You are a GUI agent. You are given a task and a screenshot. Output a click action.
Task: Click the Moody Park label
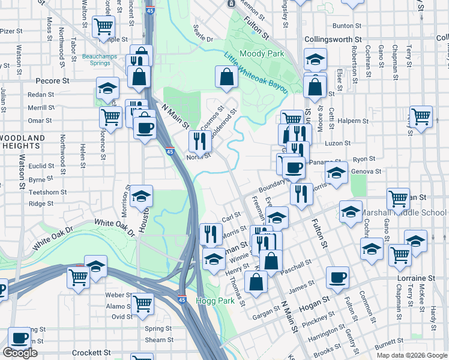[262, 54]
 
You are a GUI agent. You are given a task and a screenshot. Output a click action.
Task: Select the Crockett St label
[91, 353]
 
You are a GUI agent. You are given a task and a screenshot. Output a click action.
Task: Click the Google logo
[20, 353]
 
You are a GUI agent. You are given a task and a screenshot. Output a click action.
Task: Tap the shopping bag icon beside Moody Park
[226, 77]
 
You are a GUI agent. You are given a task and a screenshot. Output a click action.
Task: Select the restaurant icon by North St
[200, 142]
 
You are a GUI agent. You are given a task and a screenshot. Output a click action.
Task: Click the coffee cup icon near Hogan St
[337, 277]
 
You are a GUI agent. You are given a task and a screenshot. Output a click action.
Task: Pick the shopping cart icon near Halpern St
[421, 116]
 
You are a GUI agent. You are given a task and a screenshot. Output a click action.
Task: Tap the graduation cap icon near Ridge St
[141, 196]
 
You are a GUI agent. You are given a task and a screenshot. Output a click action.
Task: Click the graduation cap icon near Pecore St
[107, 89]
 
